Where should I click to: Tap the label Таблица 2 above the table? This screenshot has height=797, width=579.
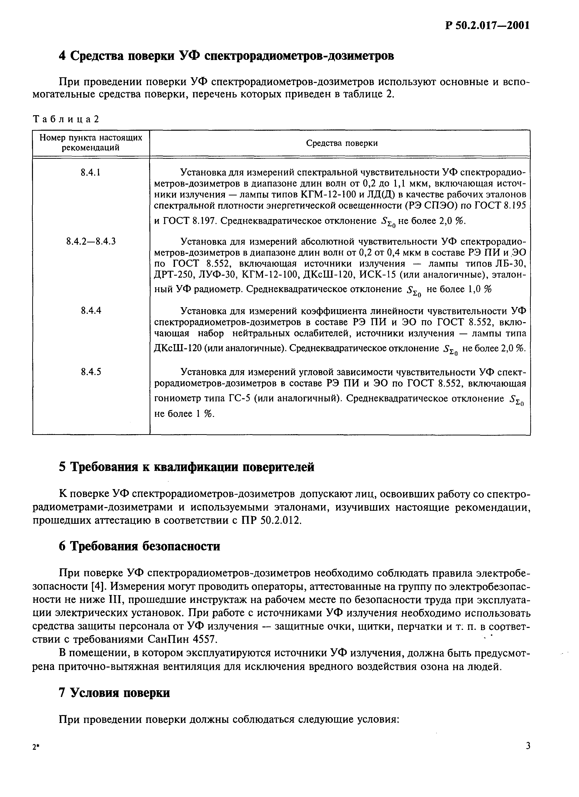(x=66, y=119)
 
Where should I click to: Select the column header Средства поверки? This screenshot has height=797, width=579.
(x=342, y=143)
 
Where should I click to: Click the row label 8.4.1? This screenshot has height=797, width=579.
(x=91, y=173)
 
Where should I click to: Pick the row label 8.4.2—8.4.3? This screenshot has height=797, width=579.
(x=91, y=241)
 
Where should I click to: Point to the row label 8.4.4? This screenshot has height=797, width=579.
(x=91, y=311)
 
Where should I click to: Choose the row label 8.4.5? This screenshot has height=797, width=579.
(x=91, y=371)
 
